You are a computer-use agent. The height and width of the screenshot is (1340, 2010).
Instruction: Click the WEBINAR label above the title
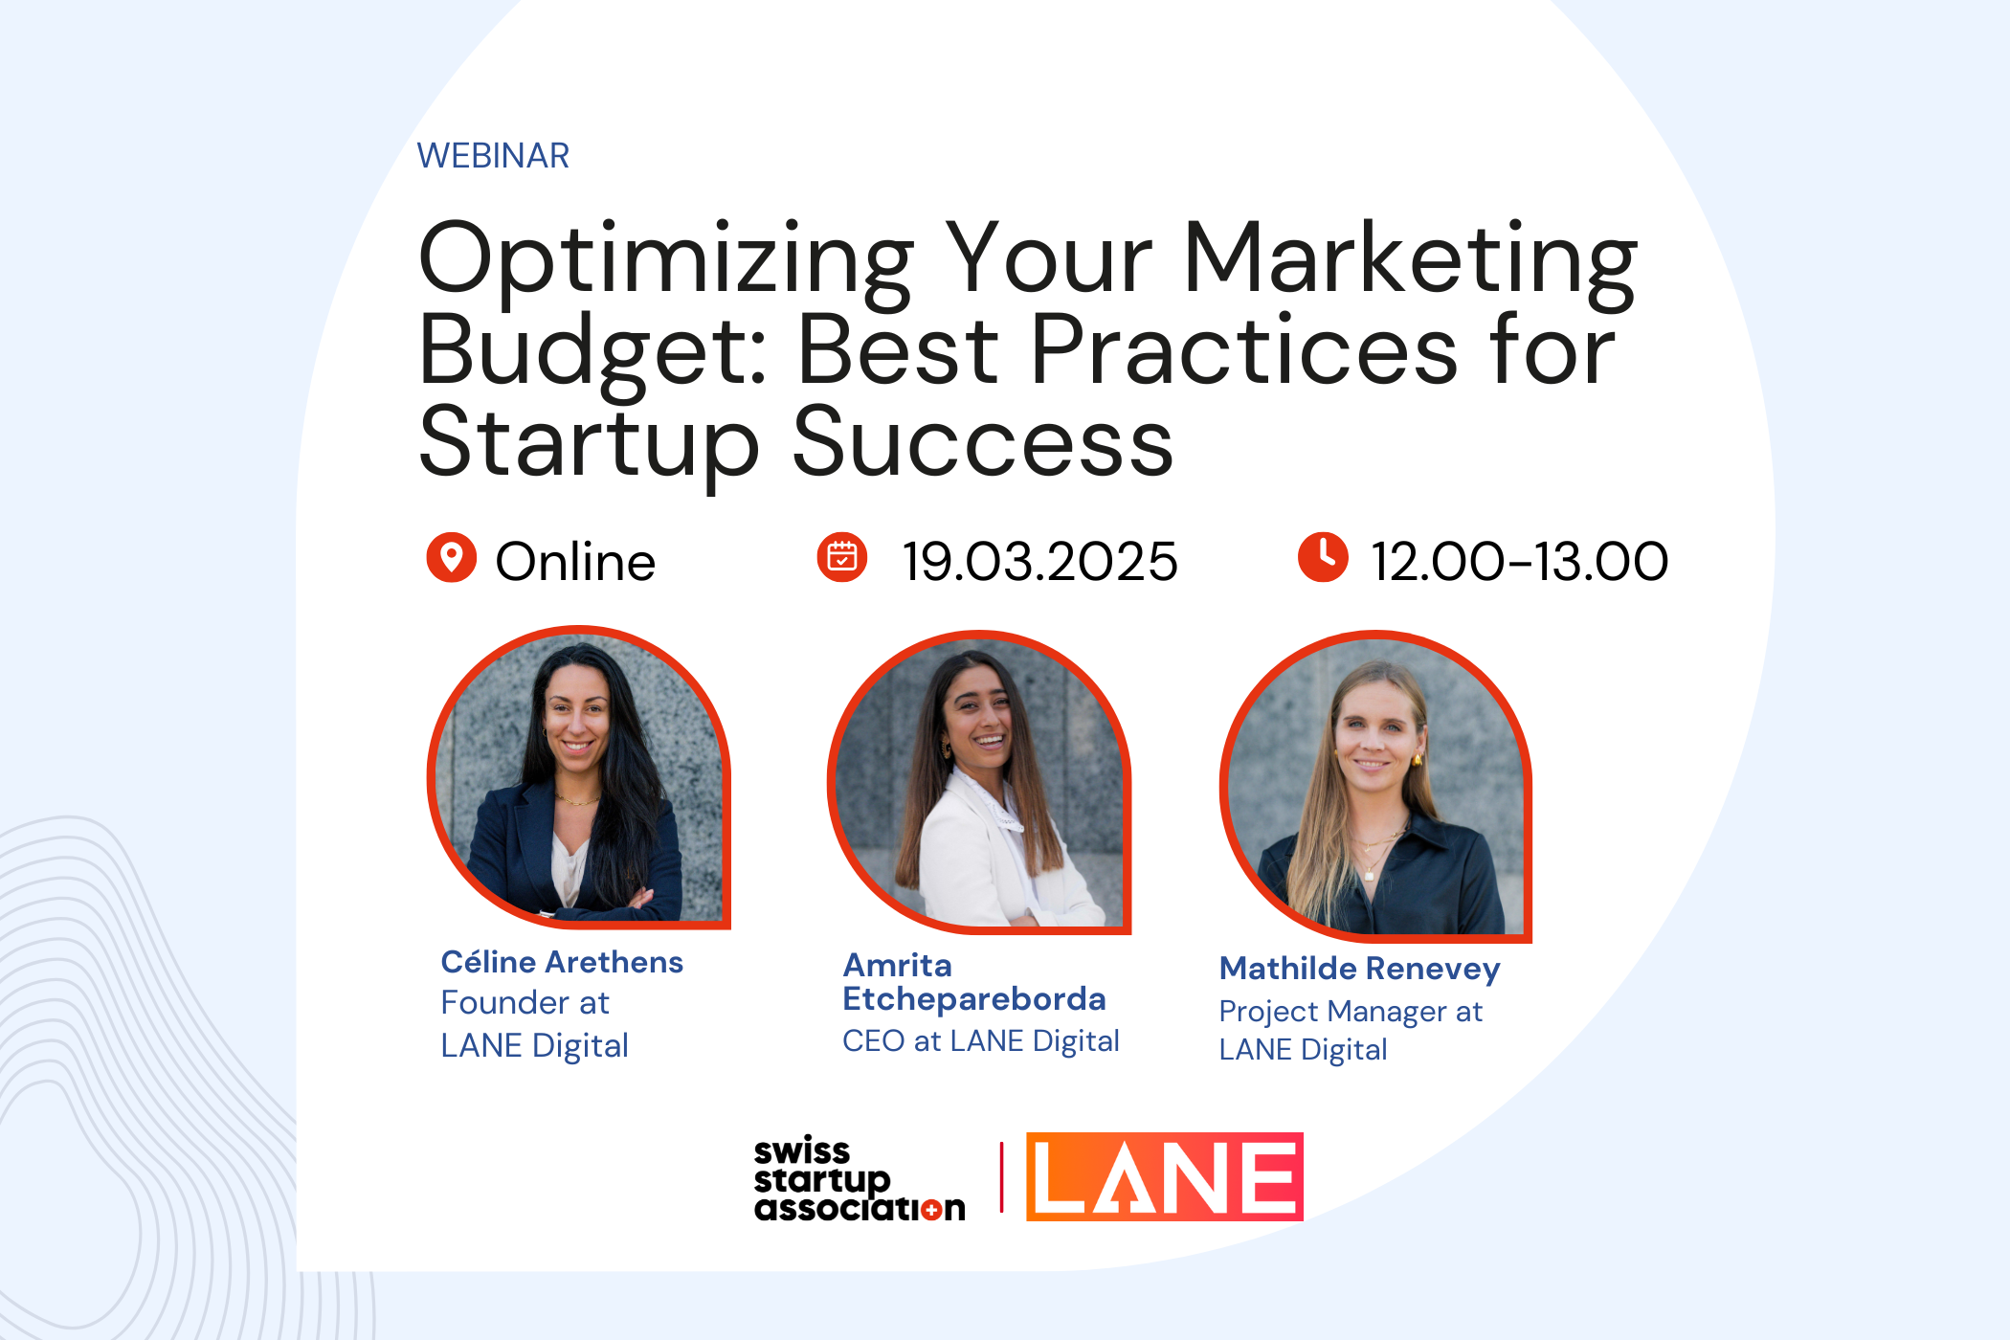click(x=493, y=155)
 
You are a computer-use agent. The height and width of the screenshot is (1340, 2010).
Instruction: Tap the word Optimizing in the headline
click(x=667, y=263)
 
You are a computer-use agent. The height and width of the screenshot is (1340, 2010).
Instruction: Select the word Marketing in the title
click(x=1410, y=263)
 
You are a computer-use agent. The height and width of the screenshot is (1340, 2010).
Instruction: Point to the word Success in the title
click(x=983, y=441)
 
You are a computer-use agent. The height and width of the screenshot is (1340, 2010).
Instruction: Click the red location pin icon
click(x=451, y=557)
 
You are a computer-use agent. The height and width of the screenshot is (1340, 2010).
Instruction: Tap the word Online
click(x=575, y=561)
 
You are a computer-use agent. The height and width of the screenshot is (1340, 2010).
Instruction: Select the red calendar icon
click(x=841, y=557)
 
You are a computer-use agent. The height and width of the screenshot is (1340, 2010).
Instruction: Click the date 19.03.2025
click(x=1039, y=561)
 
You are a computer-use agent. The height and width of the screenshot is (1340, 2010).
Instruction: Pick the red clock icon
click(x=1323, y=557)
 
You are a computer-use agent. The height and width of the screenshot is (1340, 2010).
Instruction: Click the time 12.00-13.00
click(x=1519, y=561)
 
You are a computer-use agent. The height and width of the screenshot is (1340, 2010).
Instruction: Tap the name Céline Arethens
click(x=562, y=962)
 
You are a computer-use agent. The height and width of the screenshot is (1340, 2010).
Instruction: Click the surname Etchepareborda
click(x=974, y=999)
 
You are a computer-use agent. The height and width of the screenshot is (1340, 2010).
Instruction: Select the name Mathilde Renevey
click(x=1360, y=969)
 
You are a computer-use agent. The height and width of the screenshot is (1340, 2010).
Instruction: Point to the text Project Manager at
click(x=1351, y=1012)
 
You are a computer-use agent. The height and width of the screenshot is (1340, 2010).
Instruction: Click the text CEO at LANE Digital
click(x=981, y=1041)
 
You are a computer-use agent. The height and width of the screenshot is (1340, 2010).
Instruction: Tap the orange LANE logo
click(x=1165, y=1176)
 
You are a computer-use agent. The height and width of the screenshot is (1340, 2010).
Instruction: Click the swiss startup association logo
click(x=860, y=1179)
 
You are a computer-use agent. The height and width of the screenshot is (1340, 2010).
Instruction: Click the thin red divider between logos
click(x=1001, y=1177)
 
